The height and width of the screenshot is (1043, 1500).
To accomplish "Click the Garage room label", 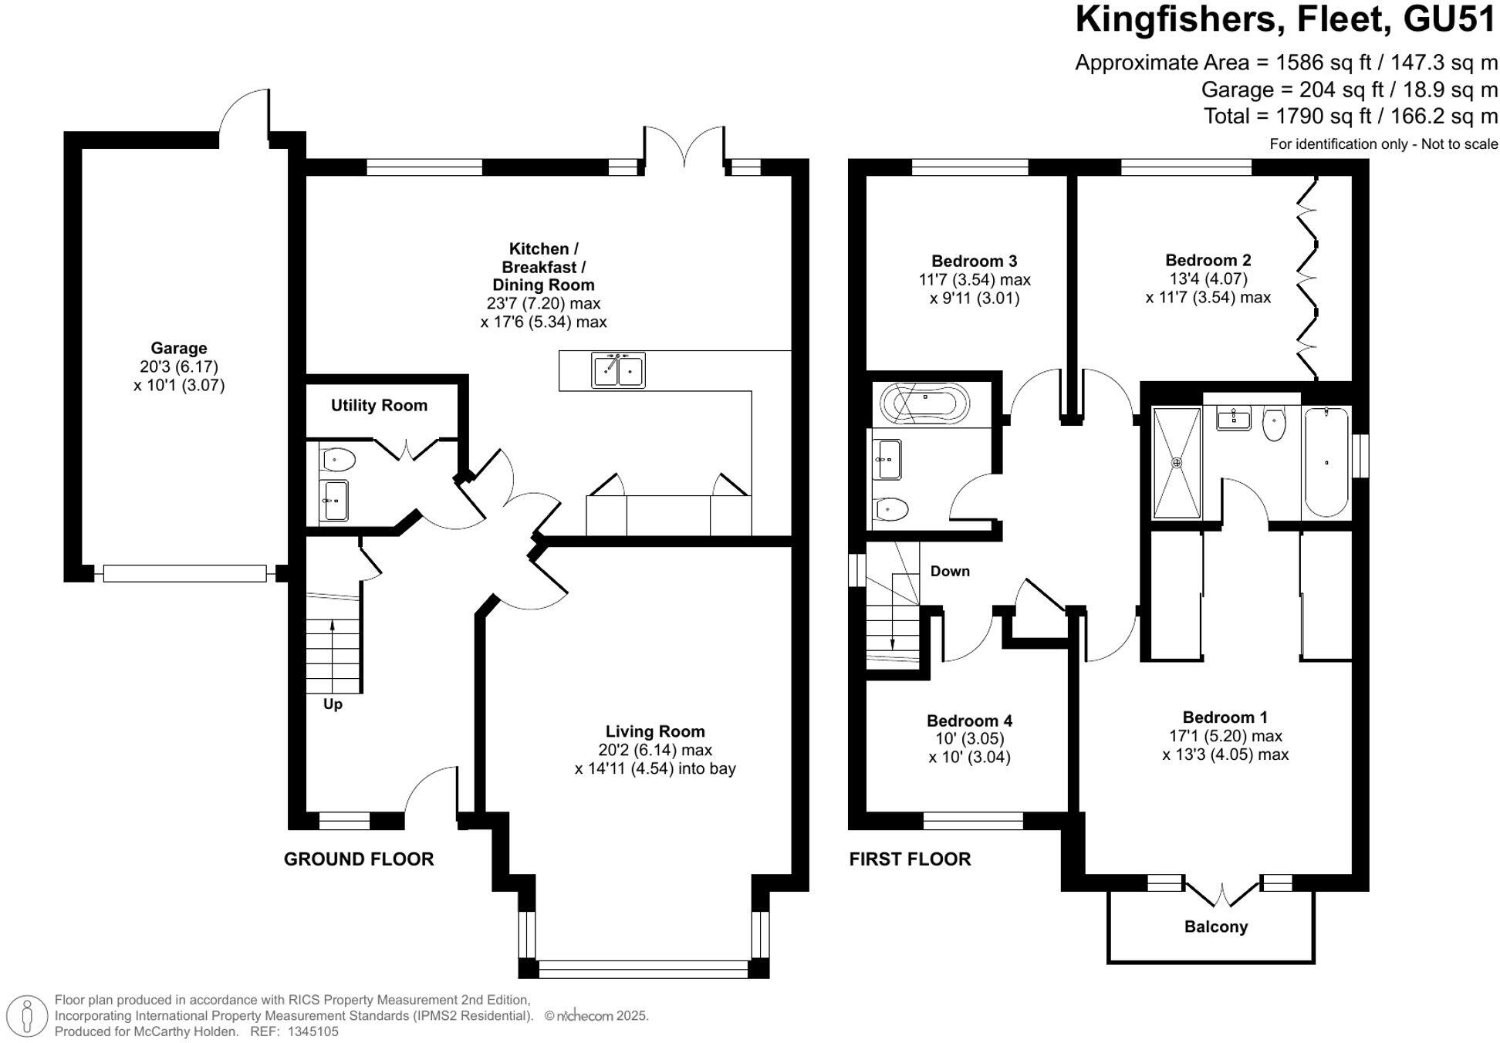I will pyautogui.click(x=178, y=348).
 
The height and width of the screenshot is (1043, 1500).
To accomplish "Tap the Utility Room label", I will pyautogui.click(x=379, y=405).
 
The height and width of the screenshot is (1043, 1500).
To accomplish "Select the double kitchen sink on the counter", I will pyautogui.click(x=618, y=370).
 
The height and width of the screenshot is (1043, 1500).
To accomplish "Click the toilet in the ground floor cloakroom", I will pyautogui.click(x=339, y=461).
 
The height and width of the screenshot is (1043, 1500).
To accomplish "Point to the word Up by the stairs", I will pyautogui.click(x=333, y=704).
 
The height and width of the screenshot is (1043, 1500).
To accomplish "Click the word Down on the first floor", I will pyautogui.click(x=949, y=572).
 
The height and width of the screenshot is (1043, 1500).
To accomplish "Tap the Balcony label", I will pyautogui.click(x=1215, y=927).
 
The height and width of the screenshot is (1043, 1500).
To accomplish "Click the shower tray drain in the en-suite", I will pyautogui.click(x=1177, y=463).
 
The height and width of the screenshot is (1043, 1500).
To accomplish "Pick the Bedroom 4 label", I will pyautogui.click(x=969, y=721).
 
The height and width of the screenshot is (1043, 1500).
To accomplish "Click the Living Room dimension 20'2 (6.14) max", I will pyautogui.click(x=654, y=750).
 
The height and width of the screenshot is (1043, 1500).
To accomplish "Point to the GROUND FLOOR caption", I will pyautogui.click(x=359, y=859).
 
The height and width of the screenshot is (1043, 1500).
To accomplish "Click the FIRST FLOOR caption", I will pyautogui.click(x=910, y=859).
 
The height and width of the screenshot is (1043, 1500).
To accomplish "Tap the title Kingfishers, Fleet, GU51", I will pyautogui.click(x=1285, y=19).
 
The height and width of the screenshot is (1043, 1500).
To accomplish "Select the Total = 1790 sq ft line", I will pyautogui.click(x=1350, y=116).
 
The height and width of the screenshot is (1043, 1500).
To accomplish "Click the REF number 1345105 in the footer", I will pyautogui.click(x=312, y=1031).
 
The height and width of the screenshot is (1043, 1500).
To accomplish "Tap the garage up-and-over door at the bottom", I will pyautogui.click(x=184, y=573).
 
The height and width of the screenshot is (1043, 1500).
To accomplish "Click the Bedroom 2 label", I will pyautogui.click(x=1208, y=260).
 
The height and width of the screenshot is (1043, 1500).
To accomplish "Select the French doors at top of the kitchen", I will pyautogui.click(x=684, y=147).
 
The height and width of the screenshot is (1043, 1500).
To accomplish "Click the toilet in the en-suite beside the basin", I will pyautogui.click(x=1274, y=424).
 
